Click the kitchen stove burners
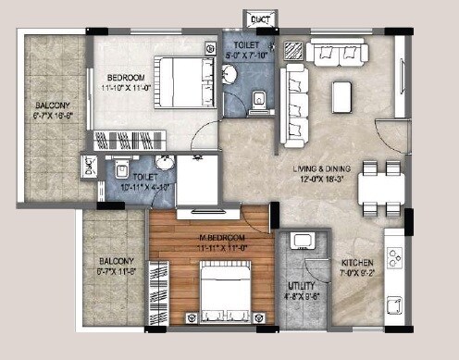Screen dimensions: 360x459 (x=395, y=253)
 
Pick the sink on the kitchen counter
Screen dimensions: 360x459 (x=395, y=306)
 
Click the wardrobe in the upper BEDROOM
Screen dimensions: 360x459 (x=129, y=142)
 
